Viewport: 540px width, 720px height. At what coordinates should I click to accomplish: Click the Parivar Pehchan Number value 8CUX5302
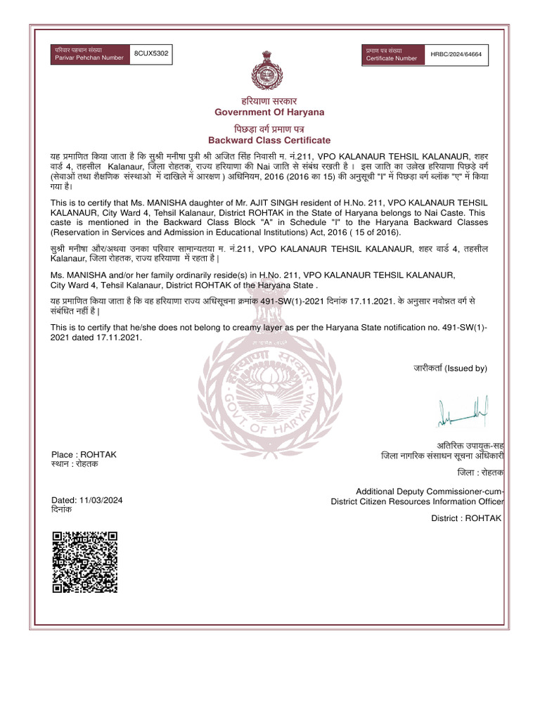[151, 53]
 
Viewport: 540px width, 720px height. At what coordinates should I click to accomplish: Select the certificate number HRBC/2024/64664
[461, 54]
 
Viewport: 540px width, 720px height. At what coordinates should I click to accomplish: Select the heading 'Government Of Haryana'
[269, 112]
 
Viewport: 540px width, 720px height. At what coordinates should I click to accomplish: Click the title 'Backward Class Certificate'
[269, 141]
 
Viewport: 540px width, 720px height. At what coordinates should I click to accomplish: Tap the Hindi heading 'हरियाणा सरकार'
[269, 101]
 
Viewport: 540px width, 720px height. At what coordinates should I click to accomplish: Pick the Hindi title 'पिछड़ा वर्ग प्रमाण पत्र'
[269, 129]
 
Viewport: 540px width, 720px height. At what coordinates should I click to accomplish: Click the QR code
[84, 562]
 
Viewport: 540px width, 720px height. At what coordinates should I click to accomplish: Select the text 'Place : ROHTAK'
[84, 454]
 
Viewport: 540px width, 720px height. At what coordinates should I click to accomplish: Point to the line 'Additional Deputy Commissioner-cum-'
[430, 491]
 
